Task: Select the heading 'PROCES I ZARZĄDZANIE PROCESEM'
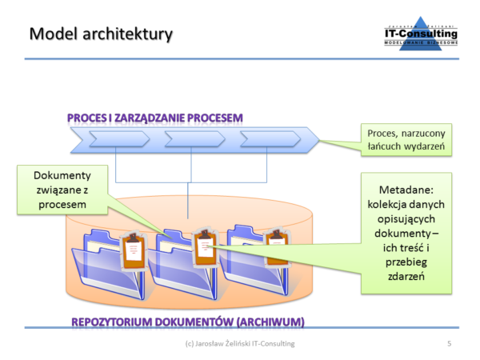(155, 118)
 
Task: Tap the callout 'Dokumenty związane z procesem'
(61, 190)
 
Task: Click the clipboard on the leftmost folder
(132, 250)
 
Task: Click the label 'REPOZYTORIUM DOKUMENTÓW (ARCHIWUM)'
(188, 322)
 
